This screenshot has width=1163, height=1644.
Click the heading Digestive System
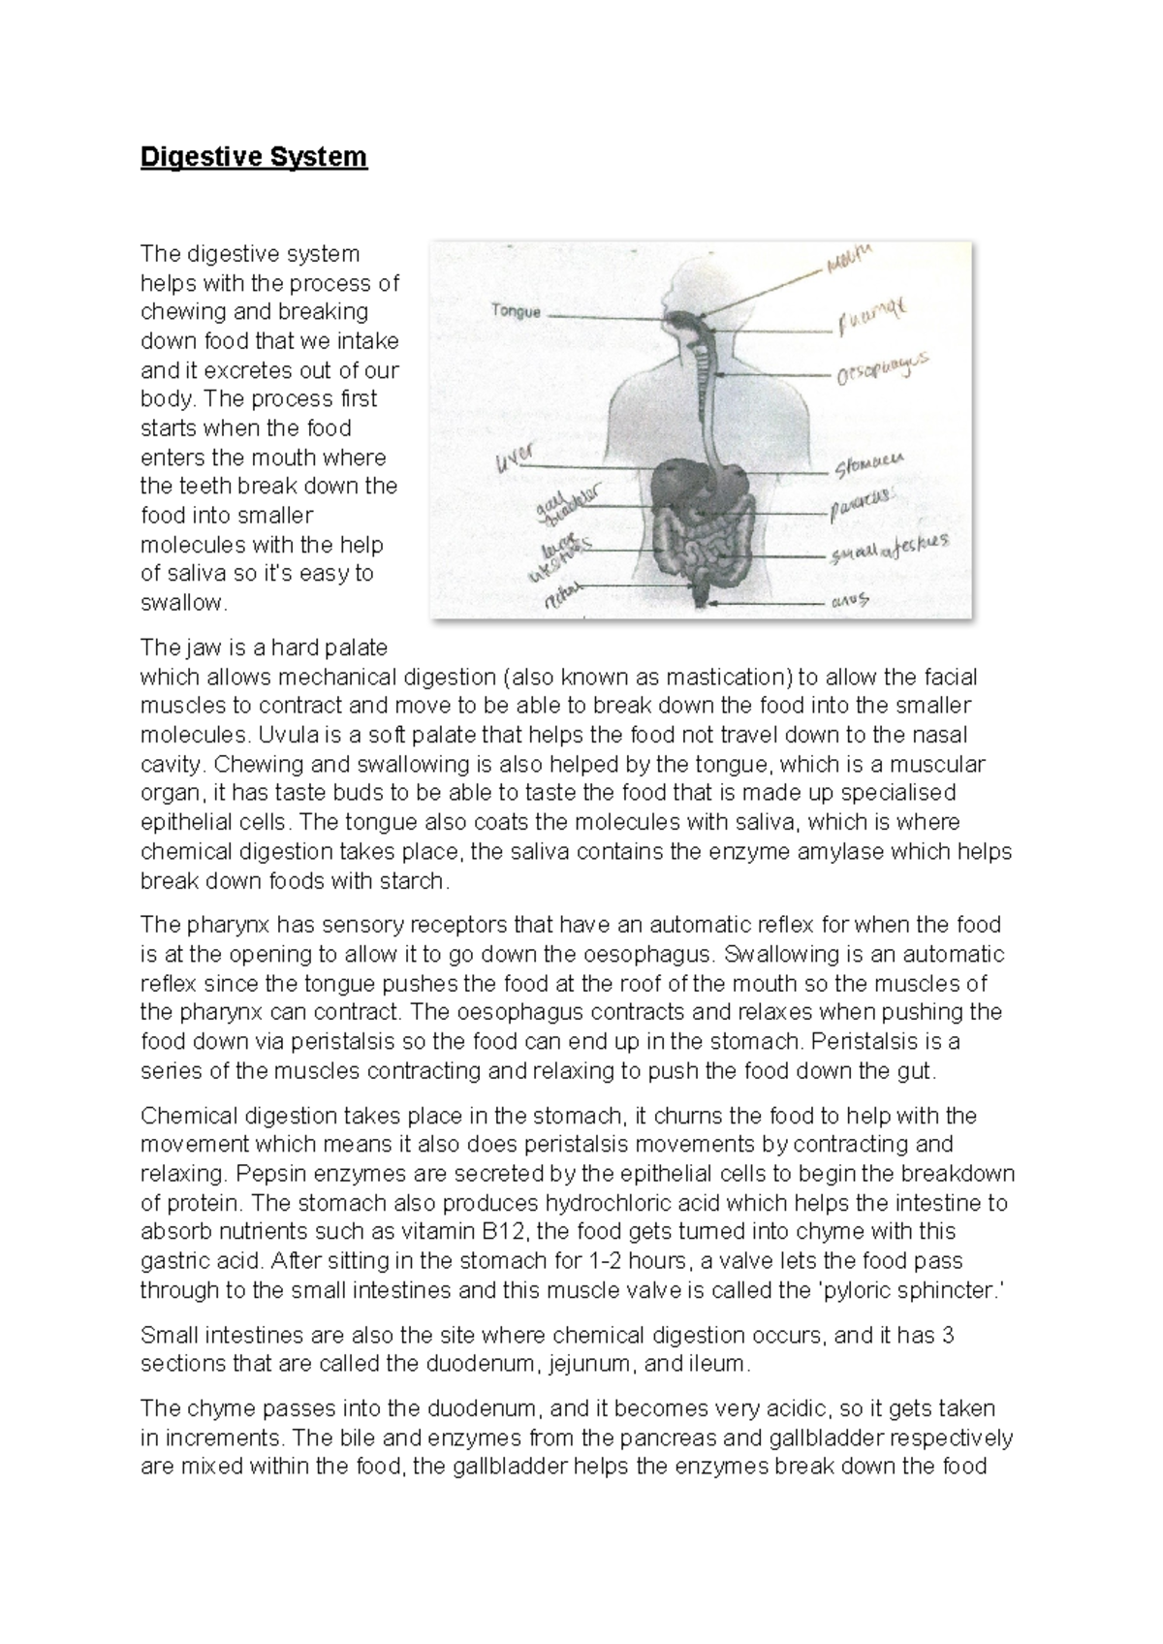(254, 156)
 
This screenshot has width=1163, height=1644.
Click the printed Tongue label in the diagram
(516, 312)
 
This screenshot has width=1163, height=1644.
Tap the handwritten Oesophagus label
(881, 369)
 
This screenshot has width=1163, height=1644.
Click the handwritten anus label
(852, 601)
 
